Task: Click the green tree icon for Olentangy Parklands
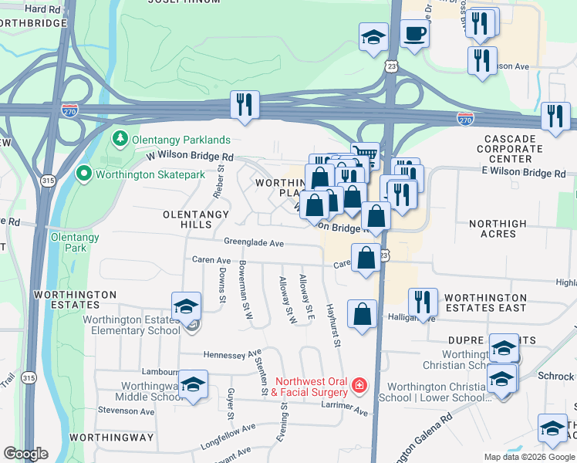click(x=120, y=140)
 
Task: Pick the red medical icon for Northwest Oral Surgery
click(x=358, y=385)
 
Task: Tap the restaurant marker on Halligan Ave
click(x=423, y=302)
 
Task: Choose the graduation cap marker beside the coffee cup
click(x=373, y=36)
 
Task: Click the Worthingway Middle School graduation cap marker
click(x=193, y=384)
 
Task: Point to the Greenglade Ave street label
click(x=255, y=242)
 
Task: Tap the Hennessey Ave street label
click(x=232, y=355)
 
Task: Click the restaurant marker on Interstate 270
click(x=245, y=105)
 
